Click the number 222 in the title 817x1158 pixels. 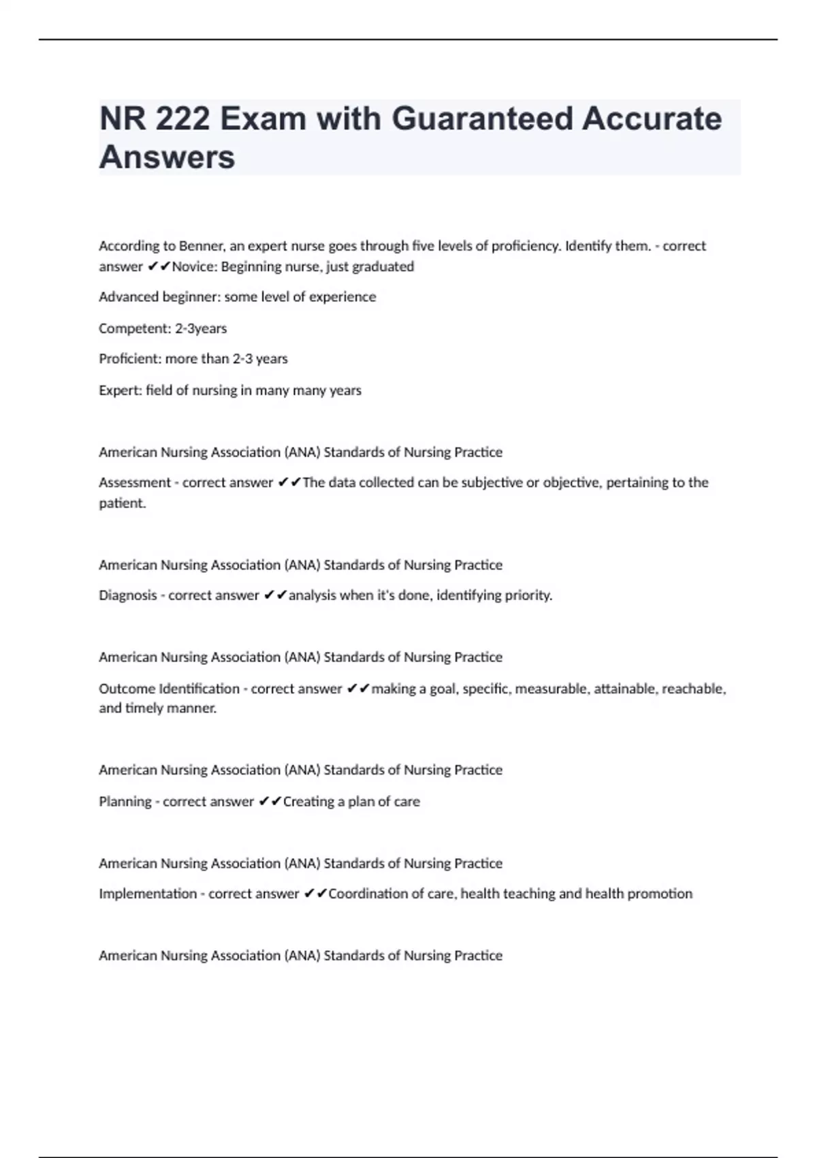coord(182,119)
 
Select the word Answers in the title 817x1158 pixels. coord(167,157)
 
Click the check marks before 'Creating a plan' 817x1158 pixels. coord(270,802)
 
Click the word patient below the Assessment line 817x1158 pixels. coord(121,504)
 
